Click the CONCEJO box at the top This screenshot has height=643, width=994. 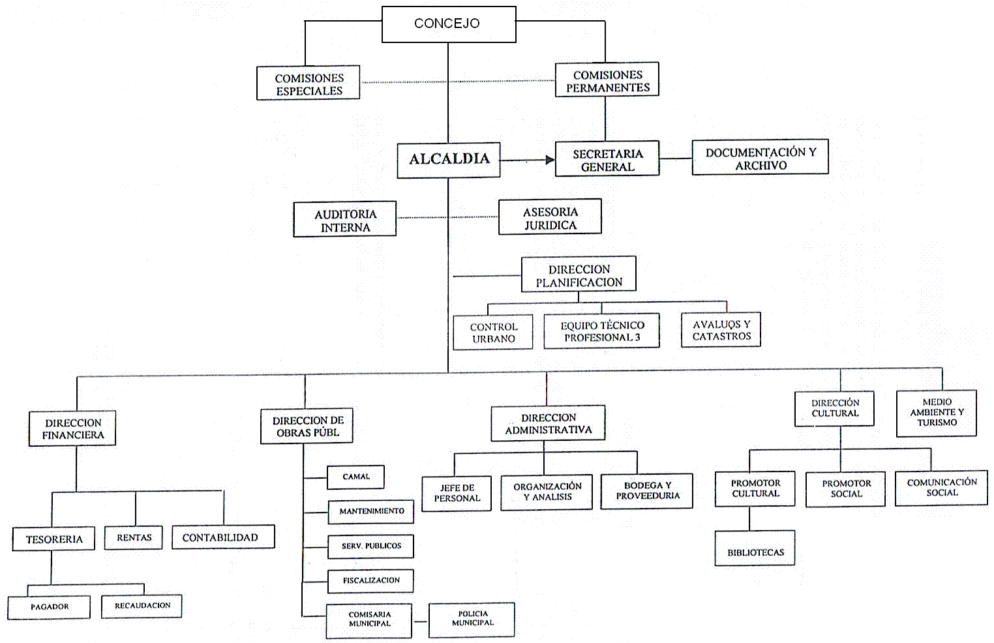pyautogui.click(x=449, y=24)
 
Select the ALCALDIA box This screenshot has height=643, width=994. pyautogui.click(x=449, y=159)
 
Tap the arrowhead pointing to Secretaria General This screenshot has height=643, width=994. pyautogui.click(x=550, y=160)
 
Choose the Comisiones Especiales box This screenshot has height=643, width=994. pyautogui.click(x=309, y=83)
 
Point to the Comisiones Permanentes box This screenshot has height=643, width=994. pyautogui.click(x=607, y=80)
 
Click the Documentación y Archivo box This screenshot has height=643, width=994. pyautogui.click(x=760, y=157)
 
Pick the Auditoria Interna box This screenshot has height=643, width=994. pyautogui.click(x=344, y=219)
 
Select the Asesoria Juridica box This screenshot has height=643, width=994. pyautogui.click(x=550, y=217)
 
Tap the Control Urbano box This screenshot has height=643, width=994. pyautogui.click(x=493, y=332)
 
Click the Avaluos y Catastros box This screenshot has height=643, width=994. pyautogui.click(x=721, y=330)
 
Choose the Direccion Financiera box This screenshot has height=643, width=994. pyautogui.click(x=72, y=428)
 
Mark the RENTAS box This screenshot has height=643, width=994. pyautogui.click(x=134, y=538)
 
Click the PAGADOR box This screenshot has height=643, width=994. pyautogui.click(x=49, y=607)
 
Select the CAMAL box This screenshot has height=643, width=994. pyautogui.click(x=355, y=477)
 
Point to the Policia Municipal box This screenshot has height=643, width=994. pyautogui.click(x=472, y=619)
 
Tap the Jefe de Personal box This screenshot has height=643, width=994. pyautogui.click(x=457, y=493)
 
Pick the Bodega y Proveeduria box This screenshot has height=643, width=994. pyautogui.click(x=647, y=490)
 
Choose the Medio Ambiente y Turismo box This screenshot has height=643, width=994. pyautogui.click(x=937, y=413)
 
